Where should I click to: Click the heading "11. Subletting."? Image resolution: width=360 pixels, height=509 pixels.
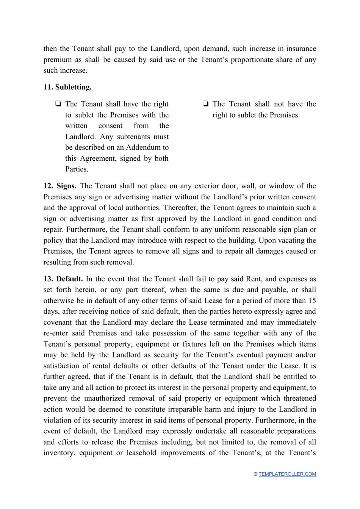pyautogui.click(x=67, y=87)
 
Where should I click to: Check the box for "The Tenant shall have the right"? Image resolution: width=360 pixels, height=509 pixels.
pyautogui.click(x=58, y=104)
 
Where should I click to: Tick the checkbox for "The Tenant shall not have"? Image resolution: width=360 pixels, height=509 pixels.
pyautogui.click(x=205, y=104)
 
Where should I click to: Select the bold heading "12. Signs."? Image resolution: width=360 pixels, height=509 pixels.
pyautogui.click(x=60, y=186)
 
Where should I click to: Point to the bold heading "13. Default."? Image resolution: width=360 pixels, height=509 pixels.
pyautogui.click(x=63, y=279)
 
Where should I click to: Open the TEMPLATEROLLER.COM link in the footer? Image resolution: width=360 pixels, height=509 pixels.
pyautogui.click(x=287, y=474)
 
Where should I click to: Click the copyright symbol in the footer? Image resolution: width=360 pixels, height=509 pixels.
pyautogui.click(x=256, y=474)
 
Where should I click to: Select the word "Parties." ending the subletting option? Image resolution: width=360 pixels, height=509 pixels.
pyautogui.click(x=77, y=169)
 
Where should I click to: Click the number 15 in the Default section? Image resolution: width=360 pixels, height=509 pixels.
pyautogui.click(x=312, y=301)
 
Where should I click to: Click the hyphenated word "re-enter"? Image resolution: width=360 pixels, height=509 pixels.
pyautogui.click(x=56, y=333)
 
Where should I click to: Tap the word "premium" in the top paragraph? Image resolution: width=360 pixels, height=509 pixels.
pyautogui.click(x=57, y=60)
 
